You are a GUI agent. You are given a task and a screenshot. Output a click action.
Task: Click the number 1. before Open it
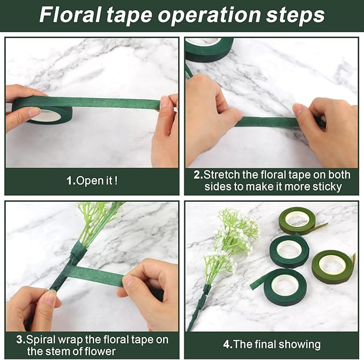point(71,181)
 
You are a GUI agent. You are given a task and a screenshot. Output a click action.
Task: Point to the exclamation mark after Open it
point(115,181)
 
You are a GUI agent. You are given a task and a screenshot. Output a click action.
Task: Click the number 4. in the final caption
point(227,344)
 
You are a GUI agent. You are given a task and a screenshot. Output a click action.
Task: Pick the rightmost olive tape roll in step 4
point(332,266)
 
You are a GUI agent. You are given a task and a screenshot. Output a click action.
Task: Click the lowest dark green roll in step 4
point(287,286)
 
